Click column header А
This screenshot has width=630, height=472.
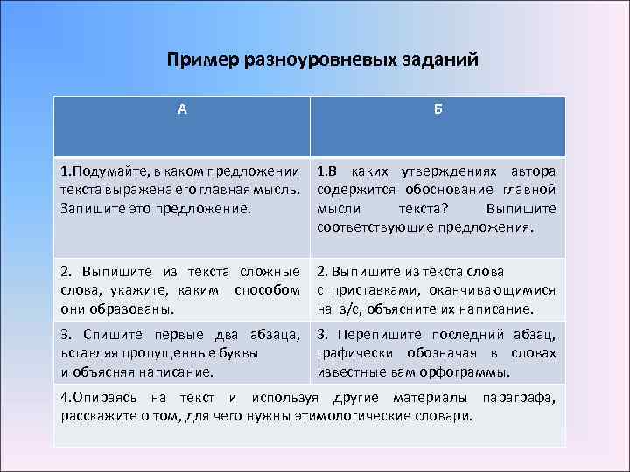(x=182, y=109)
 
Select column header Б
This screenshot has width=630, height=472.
(x=437, y=109)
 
